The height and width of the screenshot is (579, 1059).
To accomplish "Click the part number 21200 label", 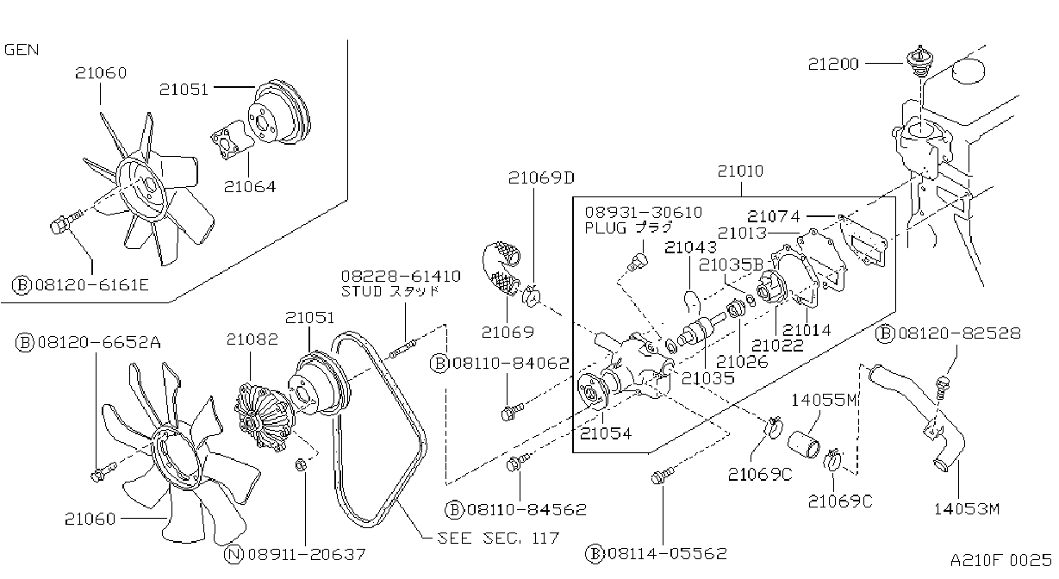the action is (833, 64).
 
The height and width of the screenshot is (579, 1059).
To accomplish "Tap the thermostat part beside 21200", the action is (919, 61).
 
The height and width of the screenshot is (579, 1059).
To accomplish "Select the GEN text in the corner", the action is (22, 50).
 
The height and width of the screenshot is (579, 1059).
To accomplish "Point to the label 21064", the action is (250, 187).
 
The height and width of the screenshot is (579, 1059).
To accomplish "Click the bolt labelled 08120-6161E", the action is (64, 223).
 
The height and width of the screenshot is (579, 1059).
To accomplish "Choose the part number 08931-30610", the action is (644, 213).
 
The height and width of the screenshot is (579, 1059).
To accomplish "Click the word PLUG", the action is (606, 228).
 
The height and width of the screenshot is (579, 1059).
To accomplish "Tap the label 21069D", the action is (541, 177).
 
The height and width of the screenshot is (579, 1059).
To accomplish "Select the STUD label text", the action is (362, 291).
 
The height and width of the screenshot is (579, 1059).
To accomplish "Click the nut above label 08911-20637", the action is (300, 465).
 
